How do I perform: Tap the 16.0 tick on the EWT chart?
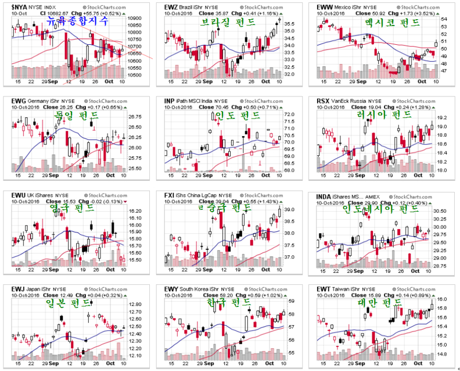(443, 299)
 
